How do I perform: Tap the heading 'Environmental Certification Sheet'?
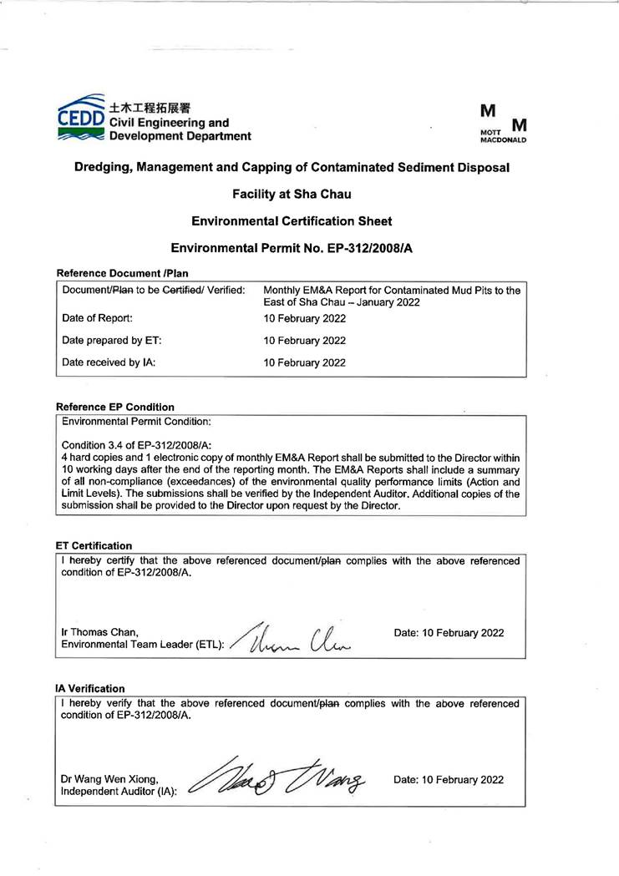tap(292, 221)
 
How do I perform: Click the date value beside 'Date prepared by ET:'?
tap(304, 341)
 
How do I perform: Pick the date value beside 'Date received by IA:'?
tap(304, 362)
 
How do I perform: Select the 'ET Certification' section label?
tap(94, 545)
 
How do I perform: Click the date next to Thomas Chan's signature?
tap(449, 632)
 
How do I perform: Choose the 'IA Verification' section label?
tap(90, 688)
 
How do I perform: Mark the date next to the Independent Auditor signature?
tap(449, 779)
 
